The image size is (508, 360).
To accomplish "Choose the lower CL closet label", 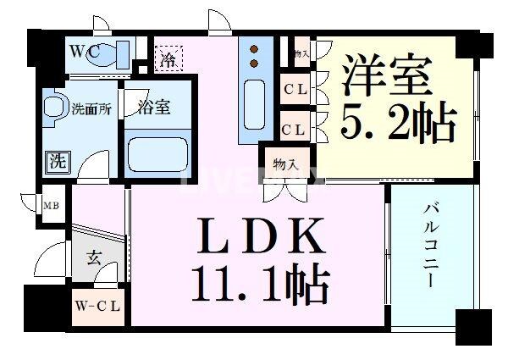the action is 295,129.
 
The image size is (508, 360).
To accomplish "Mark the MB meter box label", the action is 51,205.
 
